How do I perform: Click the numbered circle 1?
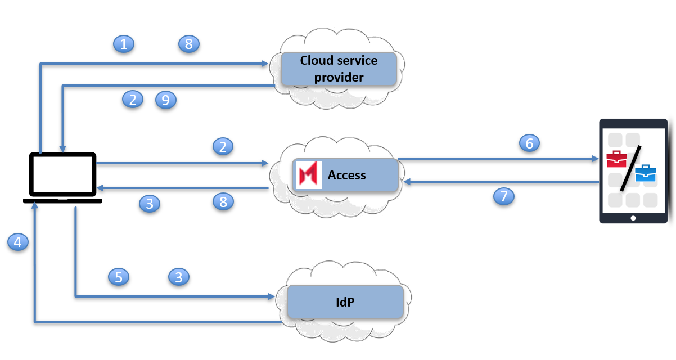[x=124, y=43]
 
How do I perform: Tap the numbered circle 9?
[x=166, y=100]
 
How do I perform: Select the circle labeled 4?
[x=18, y=242]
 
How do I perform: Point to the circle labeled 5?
[x=119, y=277]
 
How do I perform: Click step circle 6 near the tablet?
[x=529, y=143]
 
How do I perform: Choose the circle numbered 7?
[x=504, y=196]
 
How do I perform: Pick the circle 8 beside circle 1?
[x=189, y=43]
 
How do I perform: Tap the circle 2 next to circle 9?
[x=133, y=100]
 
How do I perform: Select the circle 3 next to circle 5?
[x=179, y=277]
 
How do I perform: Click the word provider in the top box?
[x=339, y=77]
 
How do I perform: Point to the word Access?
[x=346, y=175]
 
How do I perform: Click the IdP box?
[x=345, y=302]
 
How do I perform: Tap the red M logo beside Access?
[x=309, y=174]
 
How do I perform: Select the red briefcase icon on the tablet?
[x=616, y=159]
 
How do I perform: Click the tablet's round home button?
[x=633, y=218]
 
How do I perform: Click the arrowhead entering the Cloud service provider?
[x=265, y=64]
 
